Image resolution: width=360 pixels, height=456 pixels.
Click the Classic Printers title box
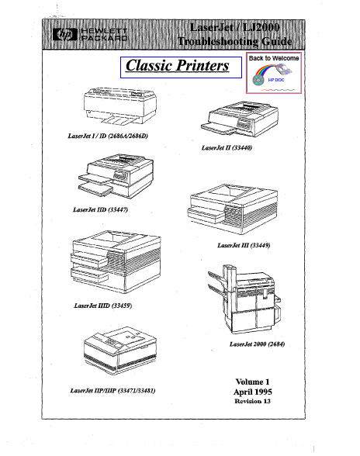pyautogui.click(x=181, y=67)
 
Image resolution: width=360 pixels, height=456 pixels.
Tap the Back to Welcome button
pyautogui.click(x=274, y=73)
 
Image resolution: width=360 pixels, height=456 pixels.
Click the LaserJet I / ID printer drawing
pyautogui.click(x=120, y=105)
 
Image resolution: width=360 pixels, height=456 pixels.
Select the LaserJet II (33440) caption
pyautogui.click(x=227, y=147)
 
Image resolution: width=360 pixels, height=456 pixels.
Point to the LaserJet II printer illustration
pyautogui.click(x=240, y=119)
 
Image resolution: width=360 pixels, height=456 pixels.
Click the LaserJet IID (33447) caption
pyautogui.click(x=100, y=209)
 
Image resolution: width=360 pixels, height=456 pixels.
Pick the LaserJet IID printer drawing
pyautogui.click(x=116, y=177)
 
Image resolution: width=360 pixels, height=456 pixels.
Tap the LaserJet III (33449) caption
pyautogui.click(x=244, y=245)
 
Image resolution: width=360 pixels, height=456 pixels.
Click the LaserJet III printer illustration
pyautogui.click(x=232, y=209)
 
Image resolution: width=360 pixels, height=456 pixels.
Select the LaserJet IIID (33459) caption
pyautogui.click(x=103, y=306)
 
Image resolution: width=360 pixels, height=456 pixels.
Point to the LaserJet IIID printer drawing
pyautogui.click(x=116, y=262)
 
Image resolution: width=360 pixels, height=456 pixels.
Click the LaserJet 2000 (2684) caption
pyautogui.click(x=258, y=344)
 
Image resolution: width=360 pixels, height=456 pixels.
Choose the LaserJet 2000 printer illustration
pyautogui.click(x=244, y=299)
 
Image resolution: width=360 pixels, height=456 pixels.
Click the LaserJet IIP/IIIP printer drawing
pyautogui.click(x=120, y=351)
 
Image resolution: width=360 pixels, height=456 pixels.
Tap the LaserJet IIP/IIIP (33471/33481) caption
pyautogui.click(x=113, y=391)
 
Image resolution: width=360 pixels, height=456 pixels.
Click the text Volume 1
pyautogui.click(x=253, y=382)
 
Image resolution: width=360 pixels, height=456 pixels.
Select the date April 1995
pyautogui.click(x=253, y=392)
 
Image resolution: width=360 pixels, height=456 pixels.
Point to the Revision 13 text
pyautogui.click(x=253, y=402)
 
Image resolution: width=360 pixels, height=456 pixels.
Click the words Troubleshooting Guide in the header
pyautogui.click(x=235, y=41)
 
